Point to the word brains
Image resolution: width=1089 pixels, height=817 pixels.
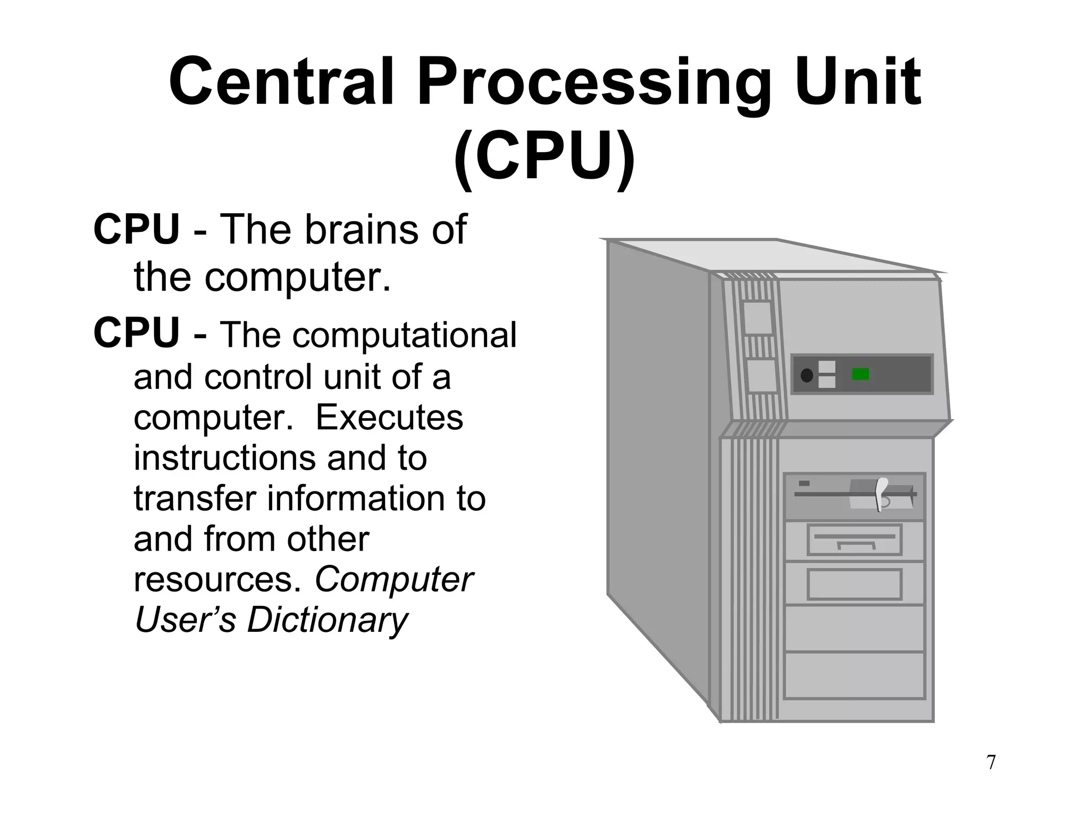tap(355, 230)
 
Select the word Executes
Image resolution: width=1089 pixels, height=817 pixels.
tap(389, 418)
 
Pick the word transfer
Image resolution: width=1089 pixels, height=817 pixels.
tap(195, 498)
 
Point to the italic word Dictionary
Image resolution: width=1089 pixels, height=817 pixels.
tap(327, 620)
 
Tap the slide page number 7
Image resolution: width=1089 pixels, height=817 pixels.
tap(991, 762)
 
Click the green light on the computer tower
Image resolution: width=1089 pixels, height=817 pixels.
tap(860, 374)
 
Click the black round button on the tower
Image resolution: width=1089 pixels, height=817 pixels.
tap(807, 376)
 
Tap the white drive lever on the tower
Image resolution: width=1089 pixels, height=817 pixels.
tap(880, 494)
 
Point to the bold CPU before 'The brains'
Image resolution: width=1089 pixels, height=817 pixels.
tap(137, 230)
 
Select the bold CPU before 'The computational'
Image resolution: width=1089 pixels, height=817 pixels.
tap(137, 334)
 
